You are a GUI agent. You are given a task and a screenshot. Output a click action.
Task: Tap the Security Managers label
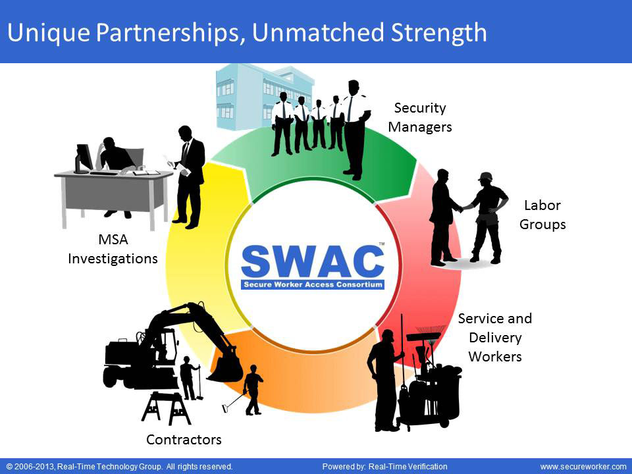pos(420,117)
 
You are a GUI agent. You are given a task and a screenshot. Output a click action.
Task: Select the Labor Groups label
pos(542,215)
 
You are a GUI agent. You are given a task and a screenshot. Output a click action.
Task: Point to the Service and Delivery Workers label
pos(495,337)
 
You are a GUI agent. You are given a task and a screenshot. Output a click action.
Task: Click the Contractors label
pos(184,439)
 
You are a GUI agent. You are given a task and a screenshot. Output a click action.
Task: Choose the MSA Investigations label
pos(113,250)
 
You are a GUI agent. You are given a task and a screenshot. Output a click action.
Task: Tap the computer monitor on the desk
pos(83,157)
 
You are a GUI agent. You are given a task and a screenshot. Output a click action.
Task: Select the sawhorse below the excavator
pos(166,408)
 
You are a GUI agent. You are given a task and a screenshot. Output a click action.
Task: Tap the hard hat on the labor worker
pos(485,176)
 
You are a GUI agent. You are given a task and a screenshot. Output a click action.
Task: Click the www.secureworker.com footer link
pos(583,466)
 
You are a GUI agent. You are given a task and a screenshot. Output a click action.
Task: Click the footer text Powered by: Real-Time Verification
pos(384,466)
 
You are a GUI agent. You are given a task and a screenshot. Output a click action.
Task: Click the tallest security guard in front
pos(354,128)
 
